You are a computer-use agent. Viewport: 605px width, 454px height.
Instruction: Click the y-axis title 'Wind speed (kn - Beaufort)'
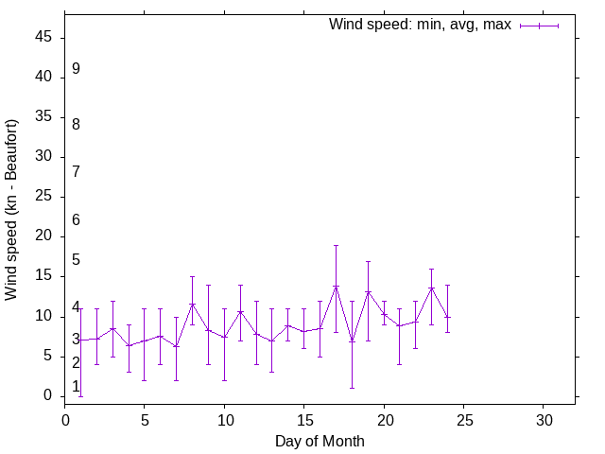click(11, 210)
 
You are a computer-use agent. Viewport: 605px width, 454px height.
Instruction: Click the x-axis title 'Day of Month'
click(320, 441)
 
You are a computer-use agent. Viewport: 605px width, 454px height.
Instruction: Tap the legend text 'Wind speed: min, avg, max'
click(420, 25)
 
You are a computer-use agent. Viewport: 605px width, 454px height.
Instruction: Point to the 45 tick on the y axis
click(45, 38)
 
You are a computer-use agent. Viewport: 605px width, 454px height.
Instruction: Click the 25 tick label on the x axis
click(463, 418)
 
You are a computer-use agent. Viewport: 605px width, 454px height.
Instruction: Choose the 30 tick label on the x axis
click(544, 418)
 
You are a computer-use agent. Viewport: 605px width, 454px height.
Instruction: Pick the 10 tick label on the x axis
click(224, 418)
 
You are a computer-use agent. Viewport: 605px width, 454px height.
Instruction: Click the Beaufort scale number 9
click(76, 69)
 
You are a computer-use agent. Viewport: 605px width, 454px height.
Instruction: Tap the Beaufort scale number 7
click(76, 171)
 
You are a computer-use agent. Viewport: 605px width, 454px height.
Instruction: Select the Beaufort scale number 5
click(76, 260)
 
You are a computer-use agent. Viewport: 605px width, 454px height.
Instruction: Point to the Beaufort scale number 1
click(76, 387)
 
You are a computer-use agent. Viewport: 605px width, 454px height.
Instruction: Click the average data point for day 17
click(336, 287)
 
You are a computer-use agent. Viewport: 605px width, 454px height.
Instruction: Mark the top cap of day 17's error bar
click(336, 245)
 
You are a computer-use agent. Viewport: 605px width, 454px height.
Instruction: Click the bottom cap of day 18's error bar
click(352, 388)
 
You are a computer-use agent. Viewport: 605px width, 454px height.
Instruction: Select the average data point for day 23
click(431, 288)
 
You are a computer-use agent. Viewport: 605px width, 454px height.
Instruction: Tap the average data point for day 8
click(192, 305)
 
